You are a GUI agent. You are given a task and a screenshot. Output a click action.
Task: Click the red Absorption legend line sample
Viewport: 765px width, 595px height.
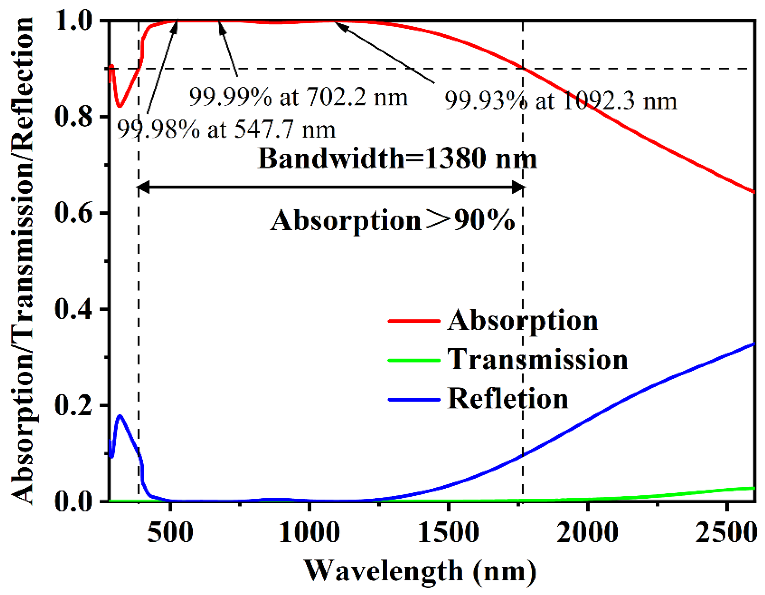coord(414,320)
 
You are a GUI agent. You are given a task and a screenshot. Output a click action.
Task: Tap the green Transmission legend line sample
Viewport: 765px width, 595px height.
coord(414,360)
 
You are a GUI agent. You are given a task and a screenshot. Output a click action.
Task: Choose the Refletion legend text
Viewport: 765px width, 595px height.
coord(508,399)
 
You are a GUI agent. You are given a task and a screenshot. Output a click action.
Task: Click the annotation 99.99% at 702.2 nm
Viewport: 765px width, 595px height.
coord(298,97)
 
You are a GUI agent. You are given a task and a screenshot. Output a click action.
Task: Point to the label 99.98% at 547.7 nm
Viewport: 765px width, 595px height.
coord(226,129)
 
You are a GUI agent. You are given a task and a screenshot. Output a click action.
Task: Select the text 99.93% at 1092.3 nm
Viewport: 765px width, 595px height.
coord(561,101)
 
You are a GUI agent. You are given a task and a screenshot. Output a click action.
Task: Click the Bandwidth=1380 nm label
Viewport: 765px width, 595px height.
coord(397,158)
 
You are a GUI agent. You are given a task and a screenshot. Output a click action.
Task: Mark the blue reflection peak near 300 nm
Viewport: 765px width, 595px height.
coord(121,416)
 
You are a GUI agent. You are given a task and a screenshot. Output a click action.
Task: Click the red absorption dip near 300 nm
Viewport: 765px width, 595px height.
coord(120,106)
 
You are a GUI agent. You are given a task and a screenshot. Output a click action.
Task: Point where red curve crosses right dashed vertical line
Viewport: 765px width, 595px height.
coord(523,68)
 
